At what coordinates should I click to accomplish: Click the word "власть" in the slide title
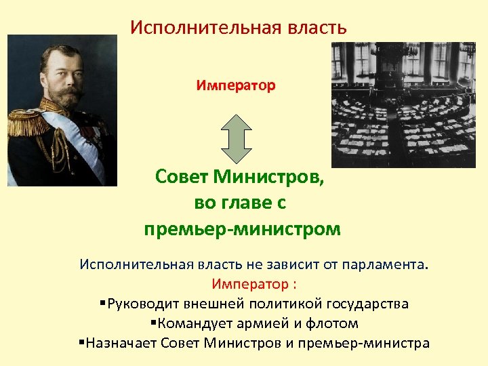[x=313, y=28]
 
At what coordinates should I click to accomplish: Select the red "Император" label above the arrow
[x=236, y=86]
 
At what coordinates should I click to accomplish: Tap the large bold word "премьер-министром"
[x=242, y=229]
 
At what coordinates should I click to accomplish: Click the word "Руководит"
[x=144, y=303]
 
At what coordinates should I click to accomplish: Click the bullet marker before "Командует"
[x=153, y=323]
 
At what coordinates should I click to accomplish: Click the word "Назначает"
[x=117, y=343]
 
